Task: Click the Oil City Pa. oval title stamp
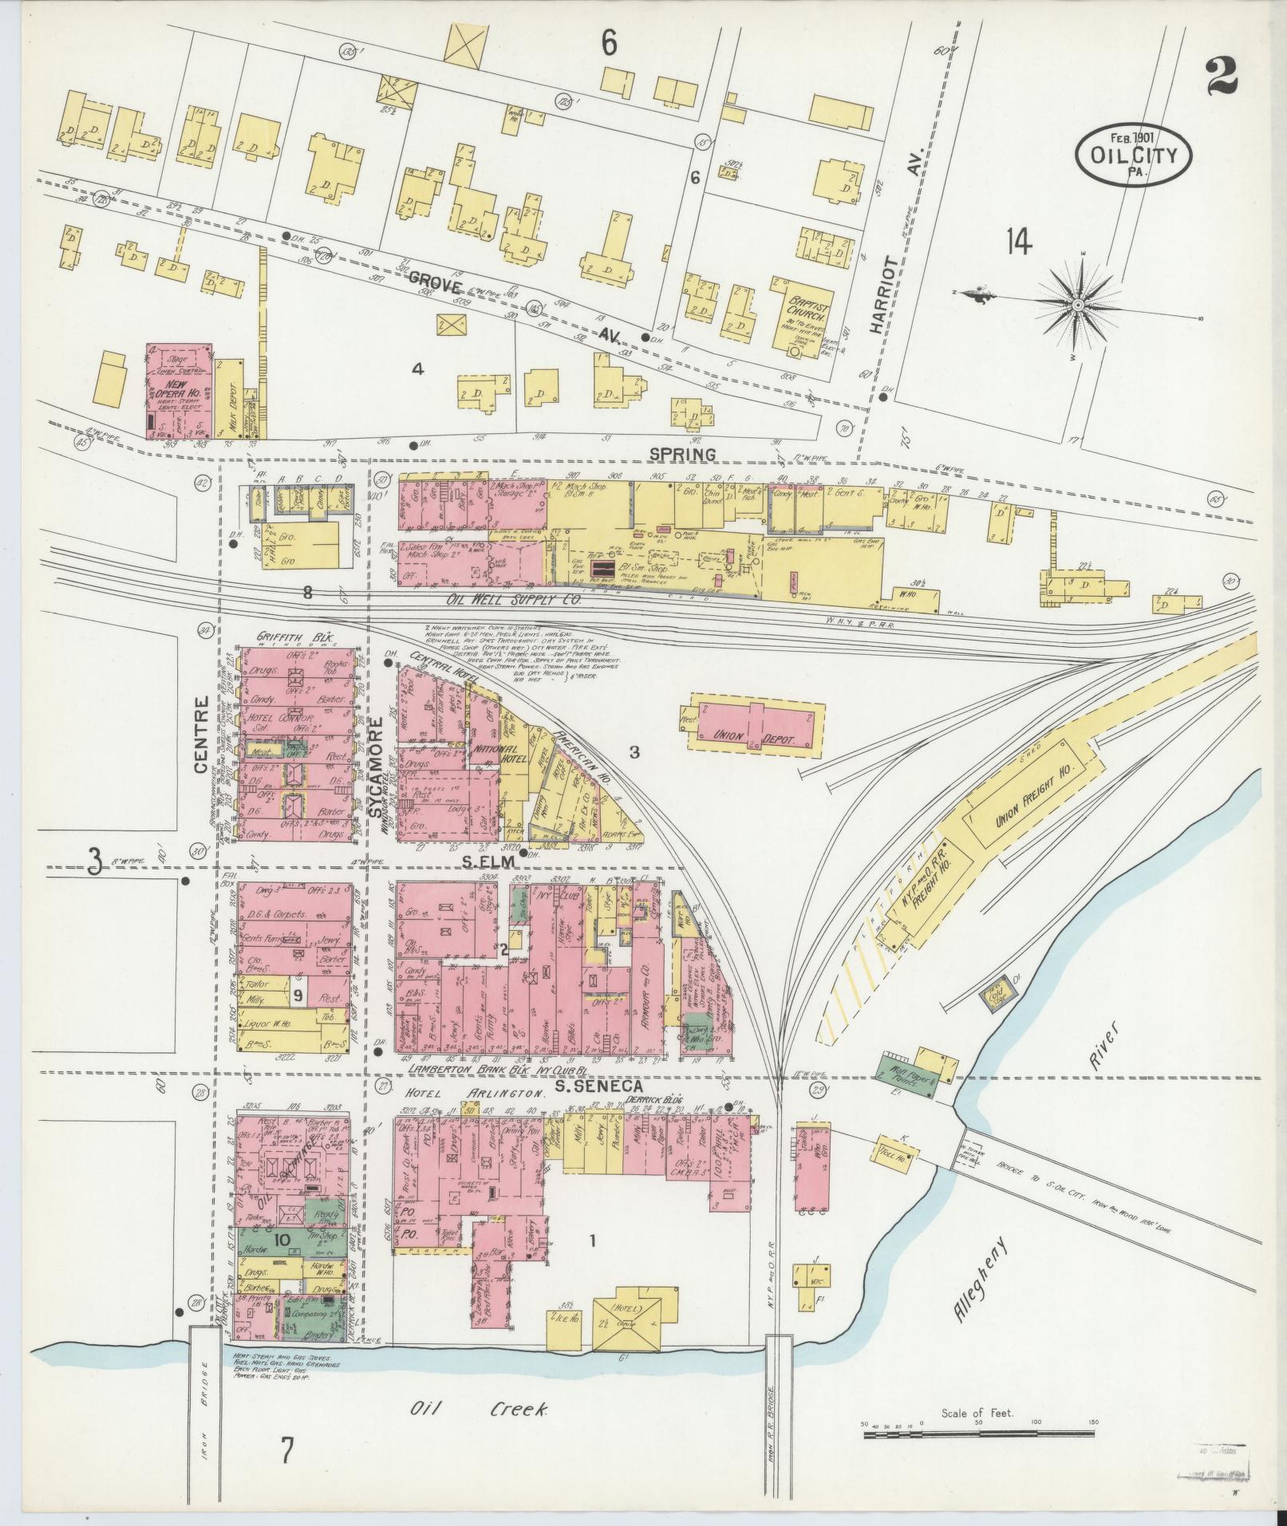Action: (x=1133, y=155)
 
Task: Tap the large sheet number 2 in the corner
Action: (x=1222, y=76)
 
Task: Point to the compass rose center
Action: (x=1078, y=305)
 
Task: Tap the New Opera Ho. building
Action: (x=178, y=390)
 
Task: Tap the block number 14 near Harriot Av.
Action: (x=1018, y=241)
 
